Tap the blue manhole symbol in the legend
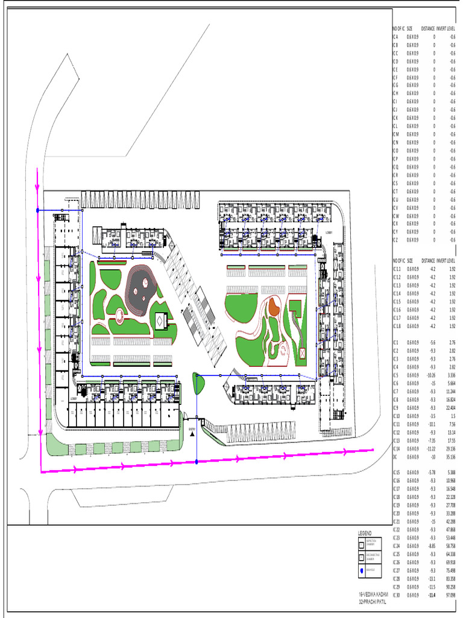[362, 570]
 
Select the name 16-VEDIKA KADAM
[373, 594]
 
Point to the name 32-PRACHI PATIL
[372, 602]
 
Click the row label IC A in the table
[395, 37]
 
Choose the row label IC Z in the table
[395, 240]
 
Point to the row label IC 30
[397, 595]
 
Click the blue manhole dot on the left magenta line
[38, 210]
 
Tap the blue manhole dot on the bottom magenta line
[197, 462]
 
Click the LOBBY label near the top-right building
[329, 232]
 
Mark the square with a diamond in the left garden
[160, 322]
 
